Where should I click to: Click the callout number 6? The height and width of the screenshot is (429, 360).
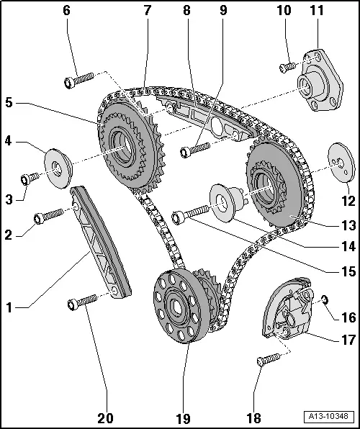click(x=67, y=11)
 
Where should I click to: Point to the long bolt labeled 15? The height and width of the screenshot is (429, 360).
click(x=191, y=212)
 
